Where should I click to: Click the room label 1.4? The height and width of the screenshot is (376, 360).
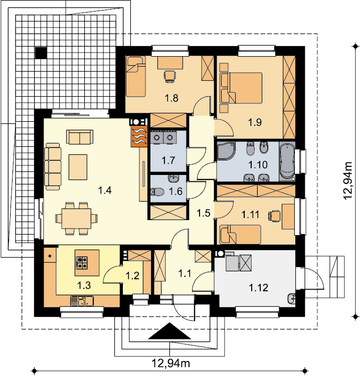click(105, 190)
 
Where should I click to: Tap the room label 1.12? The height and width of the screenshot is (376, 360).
click(258, 288)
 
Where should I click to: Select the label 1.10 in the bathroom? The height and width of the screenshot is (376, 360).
click(258, 165)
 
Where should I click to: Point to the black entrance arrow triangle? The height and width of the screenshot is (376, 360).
click(169, 331)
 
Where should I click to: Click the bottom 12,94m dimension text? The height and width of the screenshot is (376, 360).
click(171, 363)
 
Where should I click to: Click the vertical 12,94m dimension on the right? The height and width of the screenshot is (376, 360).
click(347, 180)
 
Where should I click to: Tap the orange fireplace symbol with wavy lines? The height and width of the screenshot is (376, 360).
click(139, 136)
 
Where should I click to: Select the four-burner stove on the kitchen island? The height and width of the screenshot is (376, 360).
click(82, 262)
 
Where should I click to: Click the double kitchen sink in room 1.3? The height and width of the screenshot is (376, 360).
click(82, 301)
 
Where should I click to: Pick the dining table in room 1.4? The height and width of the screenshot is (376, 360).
click(76, 219)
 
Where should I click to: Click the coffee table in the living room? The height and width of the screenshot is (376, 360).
click(78, 167)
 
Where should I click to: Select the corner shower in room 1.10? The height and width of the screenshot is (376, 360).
click(226, 150)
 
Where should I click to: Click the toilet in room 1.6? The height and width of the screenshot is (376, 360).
click(157, 192)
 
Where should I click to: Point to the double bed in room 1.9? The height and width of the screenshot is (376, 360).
click(241, 88)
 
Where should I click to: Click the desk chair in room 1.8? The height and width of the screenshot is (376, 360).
click(170, 76)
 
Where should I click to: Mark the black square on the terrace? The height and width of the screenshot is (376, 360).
click(41, 53)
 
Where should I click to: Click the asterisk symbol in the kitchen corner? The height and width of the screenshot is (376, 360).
click(50, 256)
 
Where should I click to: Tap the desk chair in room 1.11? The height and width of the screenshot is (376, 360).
click(274, 216)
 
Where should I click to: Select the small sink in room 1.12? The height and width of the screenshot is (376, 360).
click(291, 299)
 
